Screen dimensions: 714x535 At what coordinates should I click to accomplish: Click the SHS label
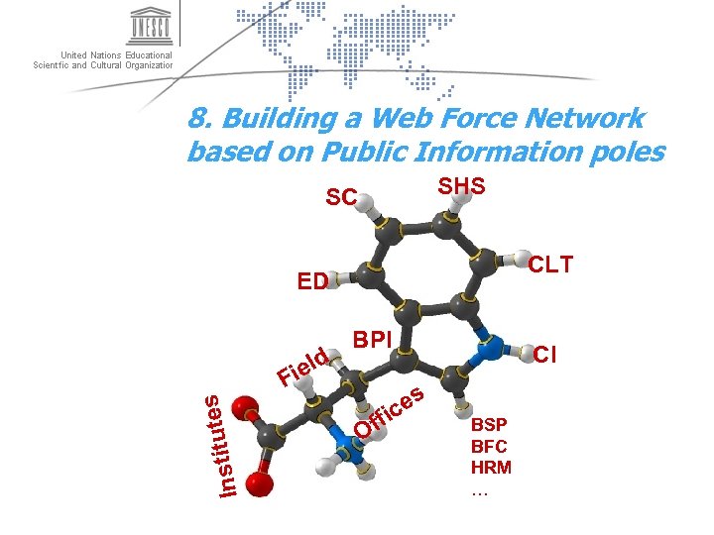coord(462,186)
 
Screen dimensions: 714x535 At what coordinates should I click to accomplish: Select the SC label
coord(341,198)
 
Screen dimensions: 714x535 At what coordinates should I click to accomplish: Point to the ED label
coord(312,281)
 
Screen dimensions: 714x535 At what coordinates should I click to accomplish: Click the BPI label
coord(373,340)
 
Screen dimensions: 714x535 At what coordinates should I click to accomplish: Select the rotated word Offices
coord(390,412)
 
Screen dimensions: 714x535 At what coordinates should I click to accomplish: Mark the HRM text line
coord(491,467)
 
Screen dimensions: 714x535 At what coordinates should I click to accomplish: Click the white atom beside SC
coord(365,204)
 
